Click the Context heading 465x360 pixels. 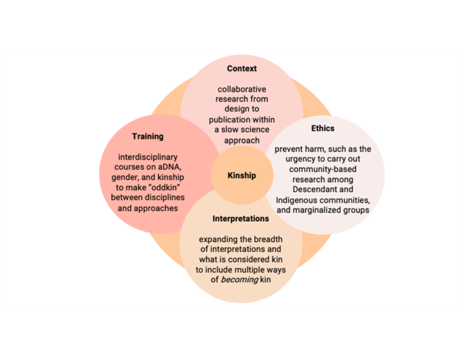tap(242, 68)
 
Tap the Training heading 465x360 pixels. tap(148, 136)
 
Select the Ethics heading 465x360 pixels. tap(323, 128)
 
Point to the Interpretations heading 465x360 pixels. tap(241, 218)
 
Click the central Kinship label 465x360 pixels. tap(242, 176)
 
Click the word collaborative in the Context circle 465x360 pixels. tap(242, 89)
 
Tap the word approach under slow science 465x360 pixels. tap(242, 140)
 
